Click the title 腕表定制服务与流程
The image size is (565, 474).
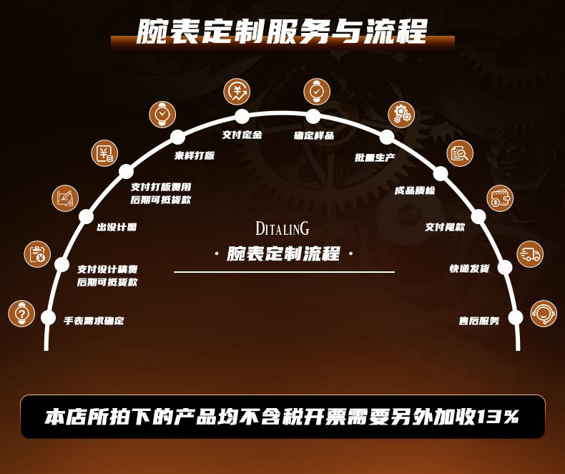click(282, 31)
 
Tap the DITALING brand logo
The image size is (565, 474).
click(282, 228)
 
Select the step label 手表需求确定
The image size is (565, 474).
click(94, 321)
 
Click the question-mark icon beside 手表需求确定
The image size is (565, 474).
click(21, 314)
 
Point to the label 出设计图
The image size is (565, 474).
click(117, 227)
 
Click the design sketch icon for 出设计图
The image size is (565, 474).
click(66, 198)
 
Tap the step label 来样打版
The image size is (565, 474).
click(195, 155)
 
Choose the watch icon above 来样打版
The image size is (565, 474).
click(162, 114)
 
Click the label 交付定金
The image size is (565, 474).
click(242, 135)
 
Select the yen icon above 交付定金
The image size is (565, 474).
click(237, 91)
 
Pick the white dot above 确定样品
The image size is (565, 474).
click(313, 116)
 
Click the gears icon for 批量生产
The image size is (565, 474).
click(401, 114)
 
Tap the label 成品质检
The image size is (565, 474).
click(414, 191)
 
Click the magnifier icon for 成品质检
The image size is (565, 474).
click(460, 153)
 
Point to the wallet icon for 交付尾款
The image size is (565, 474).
click(500, 198)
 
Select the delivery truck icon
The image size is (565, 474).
click(530, 254)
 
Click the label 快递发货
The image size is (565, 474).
click(469, 269)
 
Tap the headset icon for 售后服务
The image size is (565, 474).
click(544, 314)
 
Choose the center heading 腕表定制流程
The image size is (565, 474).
click(283, 254)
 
